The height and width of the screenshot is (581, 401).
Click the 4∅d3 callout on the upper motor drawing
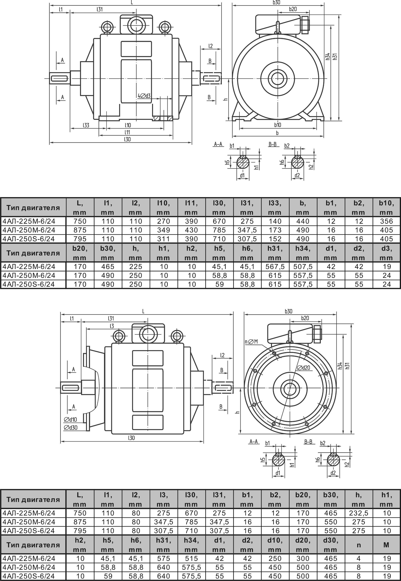click(144, 96)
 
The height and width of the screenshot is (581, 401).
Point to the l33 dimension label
click(86, 125)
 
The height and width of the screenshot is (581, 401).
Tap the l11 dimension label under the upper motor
click(127, 132)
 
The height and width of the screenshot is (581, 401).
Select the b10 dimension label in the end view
click(277, 125)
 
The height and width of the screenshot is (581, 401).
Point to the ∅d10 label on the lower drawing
click(70, 419)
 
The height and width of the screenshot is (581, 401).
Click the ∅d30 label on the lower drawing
click(70, 427)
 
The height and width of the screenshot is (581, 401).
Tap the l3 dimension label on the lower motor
click(112, 326)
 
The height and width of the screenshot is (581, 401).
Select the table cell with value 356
click(386, 221)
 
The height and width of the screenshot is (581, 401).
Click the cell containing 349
click(163, 230)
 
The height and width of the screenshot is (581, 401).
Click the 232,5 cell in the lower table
click(358, 513)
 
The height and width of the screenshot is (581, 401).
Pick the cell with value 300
click(303, 558)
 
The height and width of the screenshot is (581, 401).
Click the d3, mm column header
click(386, 253)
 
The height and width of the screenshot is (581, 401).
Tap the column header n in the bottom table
click(358, 545)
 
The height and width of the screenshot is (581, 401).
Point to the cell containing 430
click(191, 230)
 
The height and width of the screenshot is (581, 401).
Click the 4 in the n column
click(358, 558)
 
